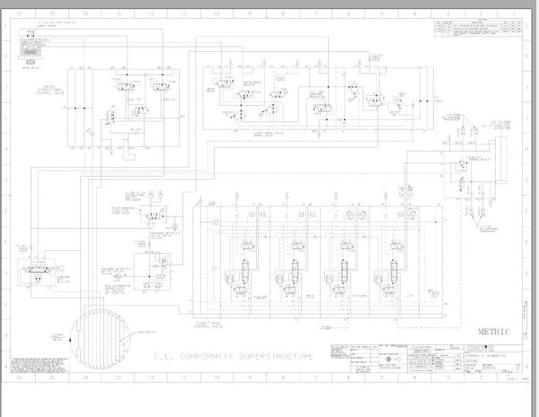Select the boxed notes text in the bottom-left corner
pyautogui.click(x=38, y=364)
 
